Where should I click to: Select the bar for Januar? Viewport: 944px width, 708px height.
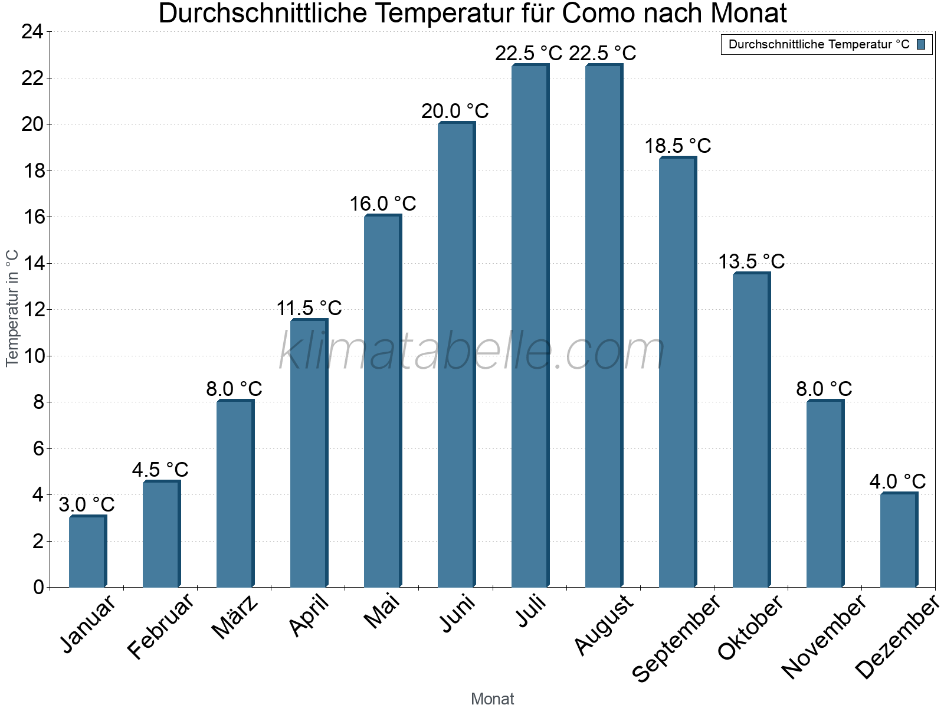(x=87, y=552)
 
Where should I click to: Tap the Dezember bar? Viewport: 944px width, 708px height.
(x=899, y=540)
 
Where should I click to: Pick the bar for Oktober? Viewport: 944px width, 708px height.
(x=751, y=430)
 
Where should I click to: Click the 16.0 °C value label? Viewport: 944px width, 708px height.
(x=383, y=204)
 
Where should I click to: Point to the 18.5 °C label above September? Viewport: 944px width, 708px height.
(x=678, y=146)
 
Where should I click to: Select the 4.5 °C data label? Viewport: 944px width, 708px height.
(x=160, y=470)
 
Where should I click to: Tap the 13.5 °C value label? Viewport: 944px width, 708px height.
(x=751, y=262)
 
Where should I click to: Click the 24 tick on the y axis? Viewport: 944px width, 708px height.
(x=32, y=32)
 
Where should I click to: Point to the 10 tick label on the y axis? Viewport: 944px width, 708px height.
(x=32, y=356)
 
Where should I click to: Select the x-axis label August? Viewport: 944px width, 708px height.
(x=603, y=625)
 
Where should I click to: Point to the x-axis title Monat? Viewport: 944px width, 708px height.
(x=493, y=699)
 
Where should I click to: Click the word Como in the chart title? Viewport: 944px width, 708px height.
(x=596, y=14)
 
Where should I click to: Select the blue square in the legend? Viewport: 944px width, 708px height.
(x=921, y=44)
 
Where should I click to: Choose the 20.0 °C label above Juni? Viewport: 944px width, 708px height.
(x=455, y=112)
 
